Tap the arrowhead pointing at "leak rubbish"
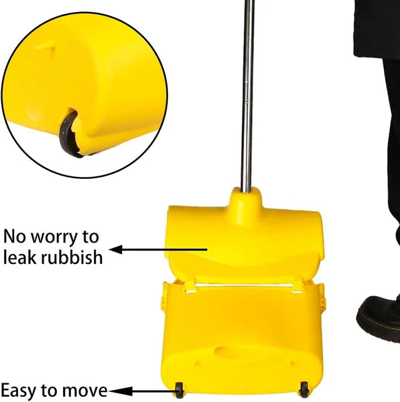pos(116,249)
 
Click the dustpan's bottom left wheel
pos(180,391)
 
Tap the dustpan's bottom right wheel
pos(304,390)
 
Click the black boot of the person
pos(379,317)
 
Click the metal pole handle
pos(247,96)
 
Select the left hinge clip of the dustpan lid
pos(190,287)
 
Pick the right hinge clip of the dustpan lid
pos(298,286)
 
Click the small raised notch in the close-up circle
pos(46,46)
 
